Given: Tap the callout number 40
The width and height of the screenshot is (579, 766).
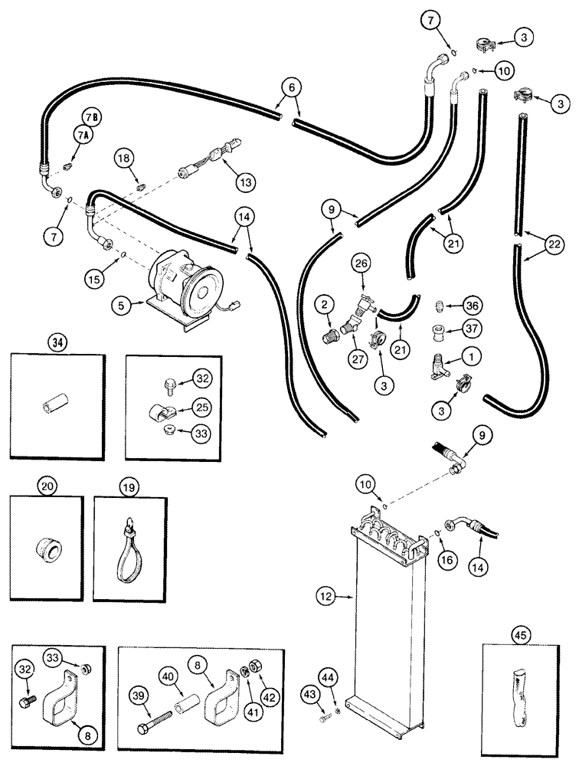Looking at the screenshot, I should click(x=168, y=676).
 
